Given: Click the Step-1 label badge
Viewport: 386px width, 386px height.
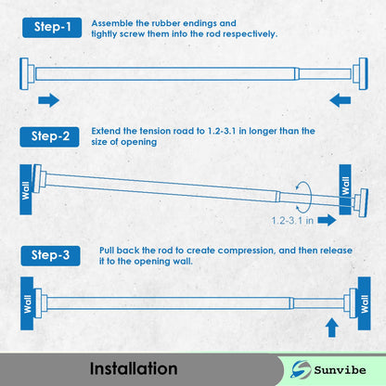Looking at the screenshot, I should coord(51,27).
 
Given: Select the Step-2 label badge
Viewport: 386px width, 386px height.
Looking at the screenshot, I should coord(51,136).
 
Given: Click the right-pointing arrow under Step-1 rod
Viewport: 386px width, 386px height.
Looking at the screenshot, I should coord(48,99).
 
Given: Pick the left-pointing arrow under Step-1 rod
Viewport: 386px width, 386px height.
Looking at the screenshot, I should coord(341,99).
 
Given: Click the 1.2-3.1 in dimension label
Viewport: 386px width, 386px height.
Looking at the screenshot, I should coord(296,221).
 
